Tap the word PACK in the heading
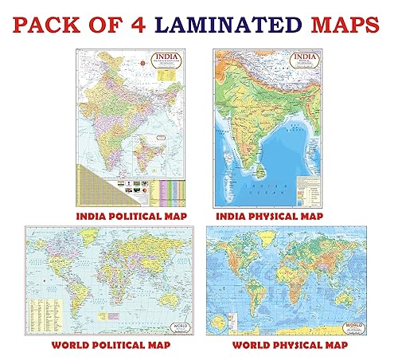(x=51, y=23)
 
